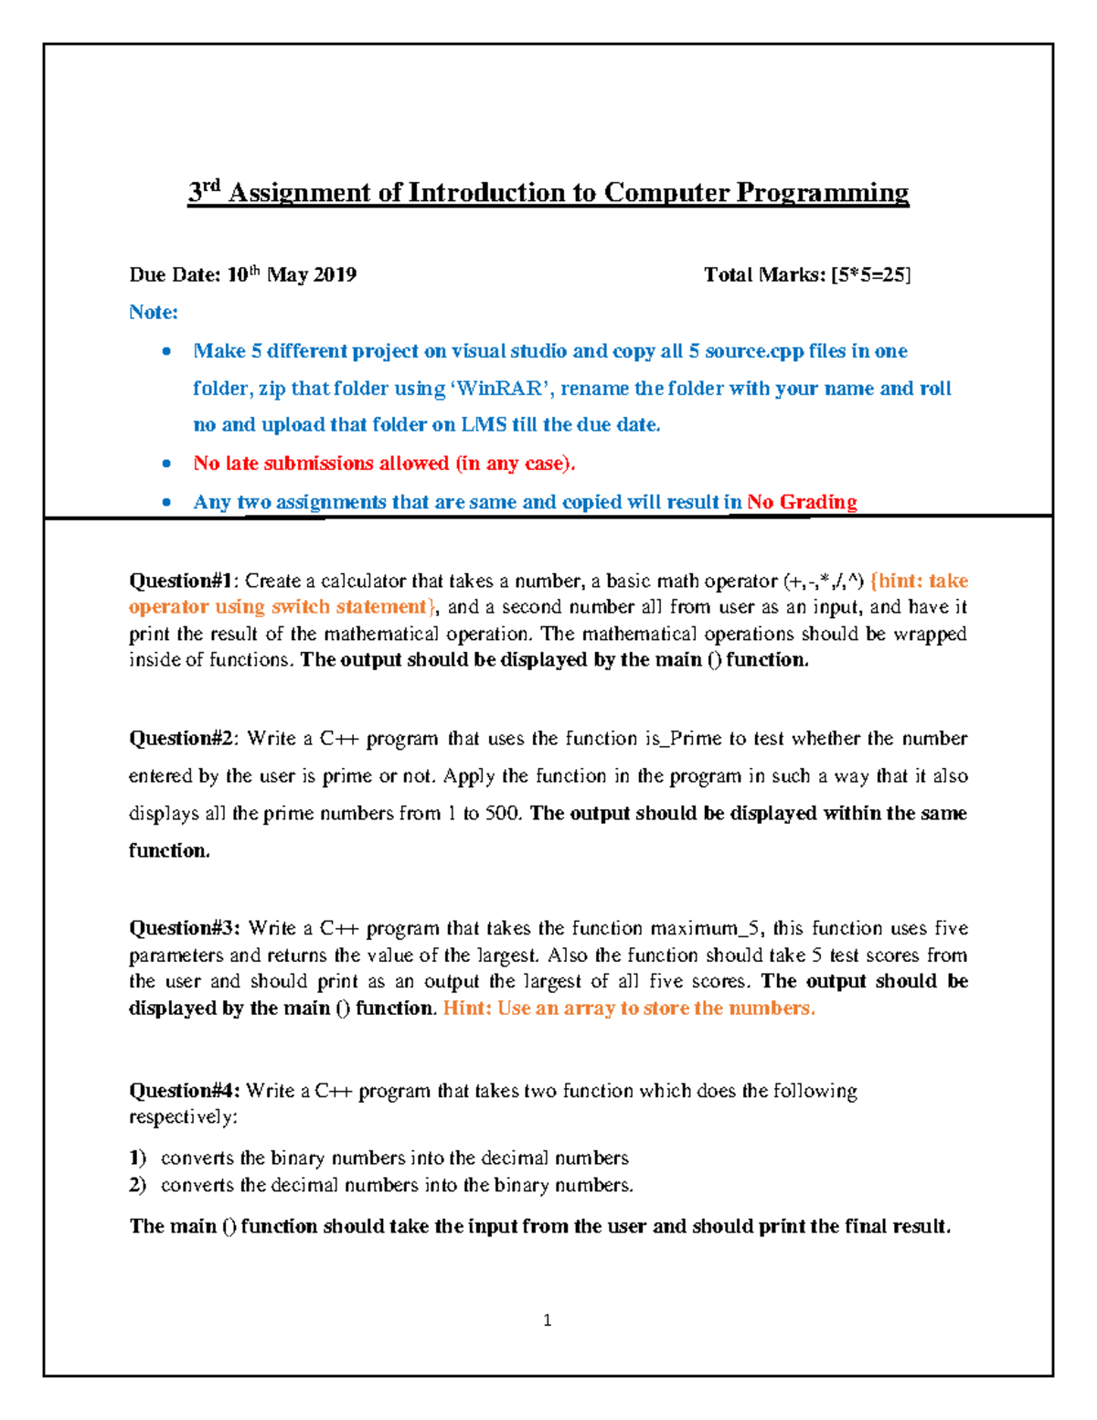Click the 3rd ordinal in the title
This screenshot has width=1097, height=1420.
204,191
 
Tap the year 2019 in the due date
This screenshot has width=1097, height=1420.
334,275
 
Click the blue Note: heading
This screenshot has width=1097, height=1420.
153,313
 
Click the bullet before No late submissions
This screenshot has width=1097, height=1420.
166,464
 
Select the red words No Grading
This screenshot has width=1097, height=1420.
802,502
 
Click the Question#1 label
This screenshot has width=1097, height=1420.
182,581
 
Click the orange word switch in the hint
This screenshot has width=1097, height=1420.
300,607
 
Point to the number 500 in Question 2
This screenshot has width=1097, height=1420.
502,814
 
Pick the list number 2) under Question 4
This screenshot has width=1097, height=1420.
137,1186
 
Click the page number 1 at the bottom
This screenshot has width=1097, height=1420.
547,1320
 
